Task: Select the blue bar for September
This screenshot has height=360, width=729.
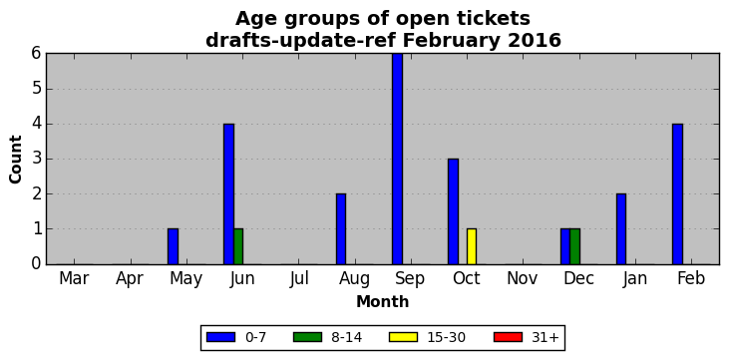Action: point(397,159)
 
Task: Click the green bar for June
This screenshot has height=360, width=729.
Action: point(238,246)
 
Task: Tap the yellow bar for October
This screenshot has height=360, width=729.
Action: point(472,246)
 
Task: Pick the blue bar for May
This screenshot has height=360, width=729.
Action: point(173,246)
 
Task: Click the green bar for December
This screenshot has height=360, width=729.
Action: point(574,246)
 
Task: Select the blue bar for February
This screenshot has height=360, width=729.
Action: point(677,193)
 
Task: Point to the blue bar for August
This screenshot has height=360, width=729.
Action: point(341,228)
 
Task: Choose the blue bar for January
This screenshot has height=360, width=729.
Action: point(621,228)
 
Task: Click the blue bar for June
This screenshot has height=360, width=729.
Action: point(228,193)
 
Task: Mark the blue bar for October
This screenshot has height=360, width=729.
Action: point(454,211)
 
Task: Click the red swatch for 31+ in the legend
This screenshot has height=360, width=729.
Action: point(509,337)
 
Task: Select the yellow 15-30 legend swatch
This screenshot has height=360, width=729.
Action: point(404,337)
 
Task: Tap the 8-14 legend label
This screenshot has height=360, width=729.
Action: point(346,337)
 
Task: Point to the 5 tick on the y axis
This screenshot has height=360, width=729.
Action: point(37,89)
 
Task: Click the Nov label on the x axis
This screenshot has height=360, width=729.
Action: point(523,278)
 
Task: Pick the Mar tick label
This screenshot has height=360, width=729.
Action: point(74,278)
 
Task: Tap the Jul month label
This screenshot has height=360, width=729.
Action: point(298,278)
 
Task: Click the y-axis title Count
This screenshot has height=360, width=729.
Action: point(15,160)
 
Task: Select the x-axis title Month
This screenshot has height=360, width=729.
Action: point(383,302)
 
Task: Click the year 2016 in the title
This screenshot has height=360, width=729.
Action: point(535,41)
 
